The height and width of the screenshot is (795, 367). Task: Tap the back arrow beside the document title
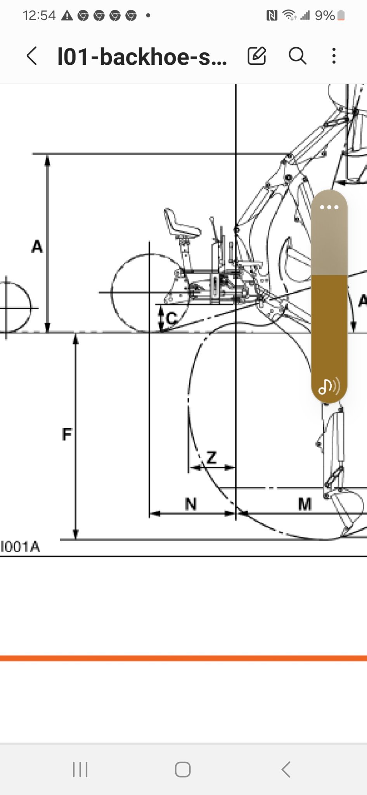click(x=32, y=56)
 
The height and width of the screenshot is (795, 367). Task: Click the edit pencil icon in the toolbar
click(x=257, y=56)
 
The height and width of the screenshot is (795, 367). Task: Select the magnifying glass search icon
click(x=298, y=56)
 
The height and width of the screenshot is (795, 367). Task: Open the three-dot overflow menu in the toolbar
click(x=334, y=56)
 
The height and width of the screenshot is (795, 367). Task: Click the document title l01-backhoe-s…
click(x=142, y=56)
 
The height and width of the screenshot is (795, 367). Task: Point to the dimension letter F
click(x=67, y=434)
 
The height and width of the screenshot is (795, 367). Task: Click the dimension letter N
click(x=191, y=504)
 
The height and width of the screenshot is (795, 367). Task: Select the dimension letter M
click(x=305, y=504)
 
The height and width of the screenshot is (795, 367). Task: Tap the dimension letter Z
click(x=211, y=458)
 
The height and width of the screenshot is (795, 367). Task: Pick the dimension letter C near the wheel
click(x=171, y=319)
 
